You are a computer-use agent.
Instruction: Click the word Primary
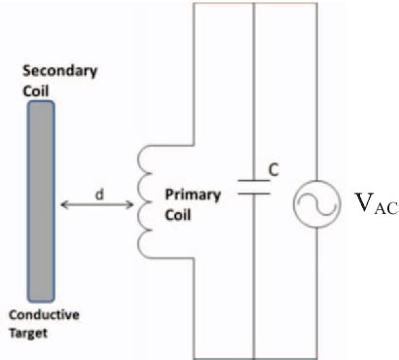click(181, 194)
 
